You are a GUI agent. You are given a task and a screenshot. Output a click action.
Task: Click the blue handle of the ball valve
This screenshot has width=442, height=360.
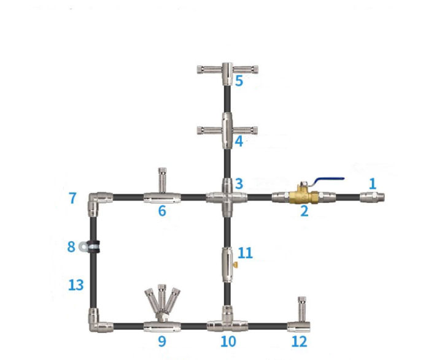[328, 180]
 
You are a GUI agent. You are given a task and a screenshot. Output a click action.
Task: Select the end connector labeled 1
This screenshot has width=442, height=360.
[372, 197]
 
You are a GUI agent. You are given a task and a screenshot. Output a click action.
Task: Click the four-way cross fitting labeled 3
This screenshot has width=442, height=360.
[227, 197]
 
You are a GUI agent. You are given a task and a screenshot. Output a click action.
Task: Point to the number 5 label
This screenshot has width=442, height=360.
[239, 81]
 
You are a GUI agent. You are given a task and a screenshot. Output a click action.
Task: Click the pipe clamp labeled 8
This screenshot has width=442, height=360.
[90, 247]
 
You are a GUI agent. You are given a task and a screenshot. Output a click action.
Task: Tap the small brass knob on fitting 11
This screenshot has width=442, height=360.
[235, 265]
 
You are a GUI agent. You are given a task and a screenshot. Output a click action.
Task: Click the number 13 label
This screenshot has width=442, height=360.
[76, 285]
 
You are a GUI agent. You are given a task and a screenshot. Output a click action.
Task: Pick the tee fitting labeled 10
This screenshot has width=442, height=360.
[227, 322]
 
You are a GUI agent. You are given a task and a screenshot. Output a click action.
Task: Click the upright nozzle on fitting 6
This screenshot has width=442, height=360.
[162, 180]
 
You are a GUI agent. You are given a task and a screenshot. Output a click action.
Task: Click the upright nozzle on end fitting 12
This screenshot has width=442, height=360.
[303, 309]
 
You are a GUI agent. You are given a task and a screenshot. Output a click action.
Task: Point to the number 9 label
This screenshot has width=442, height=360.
[162, 342]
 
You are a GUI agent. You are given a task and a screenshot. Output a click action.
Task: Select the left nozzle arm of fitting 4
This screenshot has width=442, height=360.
[210, 131]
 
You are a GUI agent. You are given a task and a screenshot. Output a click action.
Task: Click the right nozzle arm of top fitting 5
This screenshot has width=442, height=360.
[246, 69]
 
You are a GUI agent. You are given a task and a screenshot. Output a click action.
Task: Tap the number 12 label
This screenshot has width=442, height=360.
[300, 342]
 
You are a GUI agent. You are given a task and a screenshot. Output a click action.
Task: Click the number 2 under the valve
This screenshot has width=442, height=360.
[304, 211]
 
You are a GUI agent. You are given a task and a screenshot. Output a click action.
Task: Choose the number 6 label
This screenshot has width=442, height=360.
[162, 211]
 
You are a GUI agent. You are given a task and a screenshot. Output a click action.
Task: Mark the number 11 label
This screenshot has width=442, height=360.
[245, 253]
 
